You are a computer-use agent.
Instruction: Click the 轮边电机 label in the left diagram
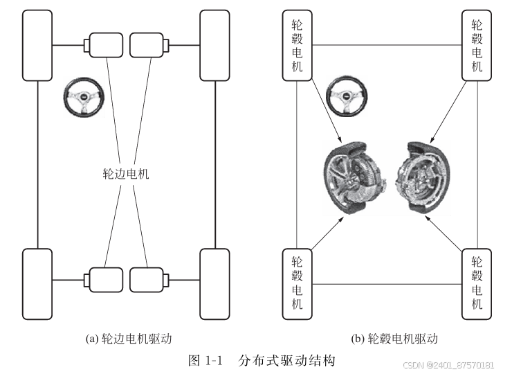pos(126,174)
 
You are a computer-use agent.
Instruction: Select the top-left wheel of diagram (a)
pos(37,46)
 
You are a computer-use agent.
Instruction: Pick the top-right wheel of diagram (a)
pos(214,46)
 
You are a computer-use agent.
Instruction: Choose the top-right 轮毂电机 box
pos(477,46)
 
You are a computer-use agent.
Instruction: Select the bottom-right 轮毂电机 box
pos(477,283)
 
